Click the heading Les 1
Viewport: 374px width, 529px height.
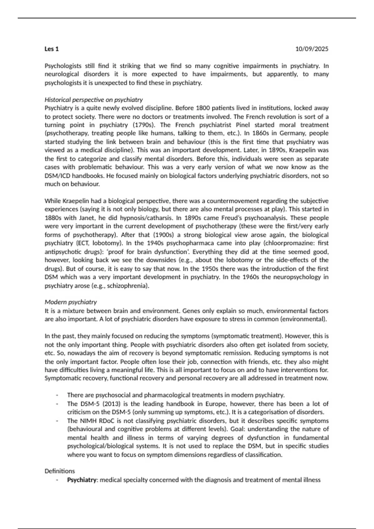52,49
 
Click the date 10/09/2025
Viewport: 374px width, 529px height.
312,49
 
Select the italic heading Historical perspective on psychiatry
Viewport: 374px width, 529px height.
93,100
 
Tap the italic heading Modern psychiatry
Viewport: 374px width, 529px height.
71,302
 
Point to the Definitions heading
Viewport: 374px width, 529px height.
60,471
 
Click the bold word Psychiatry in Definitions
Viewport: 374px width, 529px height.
82,480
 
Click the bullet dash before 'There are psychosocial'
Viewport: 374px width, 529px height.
57,395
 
